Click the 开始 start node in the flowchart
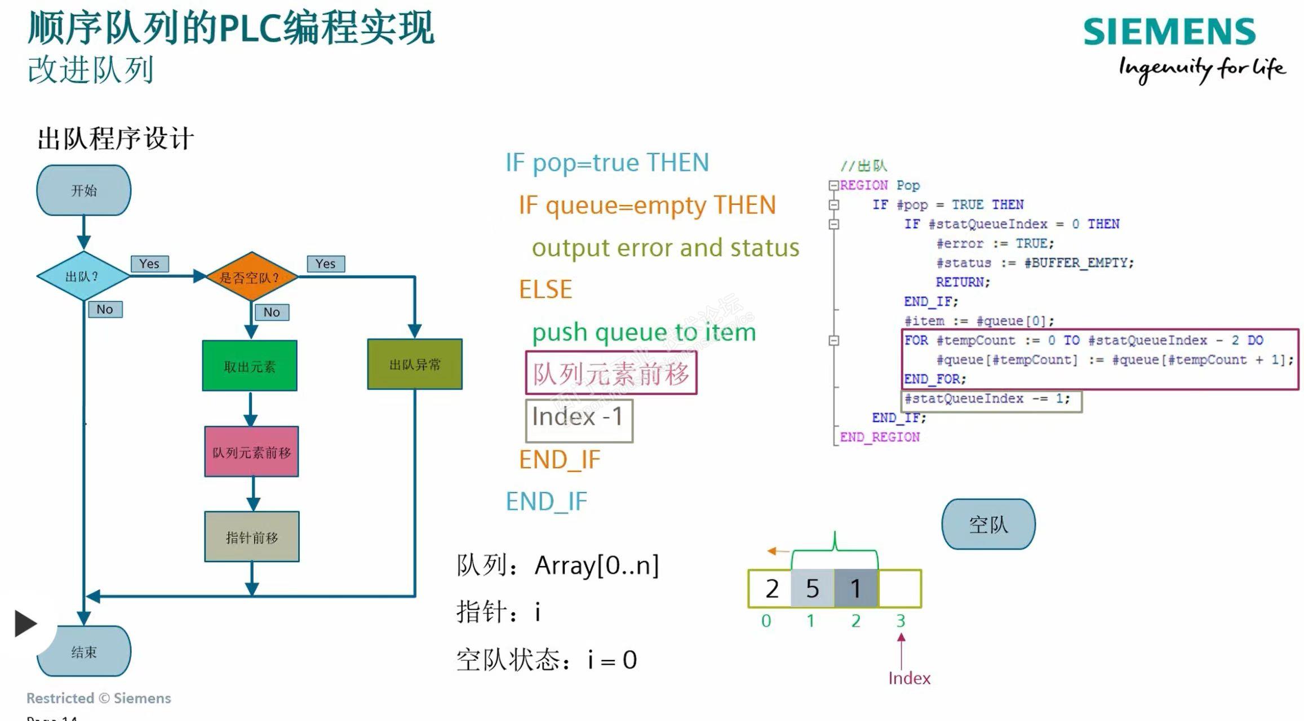coord(84,190)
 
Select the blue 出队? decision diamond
coord(83,277)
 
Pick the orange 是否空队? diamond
coord(251,277)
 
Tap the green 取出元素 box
coord(250,366)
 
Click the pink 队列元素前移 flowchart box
coord(251,452)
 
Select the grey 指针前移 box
coord(252,537)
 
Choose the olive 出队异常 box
coord(415,364)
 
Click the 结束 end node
coord(84,652)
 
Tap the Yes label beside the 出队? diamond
coord(149,264)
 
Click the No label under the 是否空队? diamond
coord(272,312)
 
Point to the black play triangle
coord(25,624)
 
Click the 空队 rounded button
coord(988,524)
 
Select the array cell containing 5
coord(812,589)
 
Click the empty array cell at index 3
coord(900,589)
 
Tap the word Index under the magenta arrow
coord(909,678)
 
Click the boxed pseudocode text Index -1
coord(579,417)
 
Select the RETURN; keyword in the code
coord(963,282)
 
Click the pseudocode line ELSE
coord(545,290)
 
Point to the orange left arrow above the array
coord(778,551)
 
